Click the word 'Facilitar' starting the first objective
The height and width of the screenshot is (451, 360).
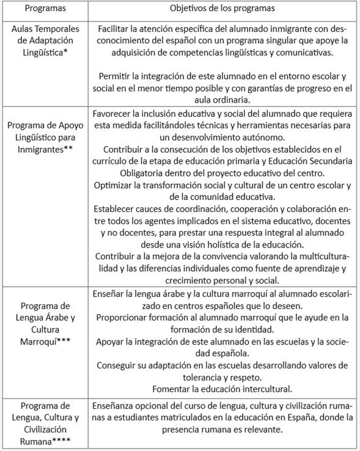[x=114, y=29]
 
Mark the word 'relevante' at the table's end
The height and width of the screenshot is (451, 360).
[x=261, y=429]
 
